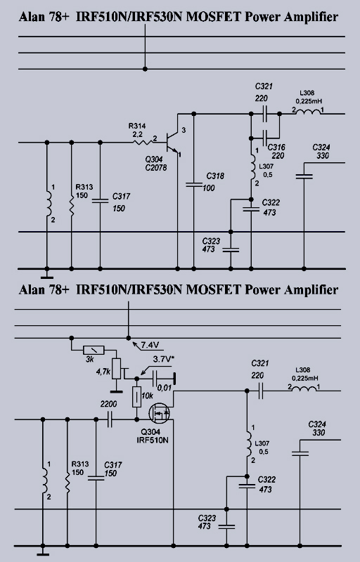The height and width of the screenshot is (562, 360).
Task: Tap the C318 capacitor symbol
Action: [x=194, y=185]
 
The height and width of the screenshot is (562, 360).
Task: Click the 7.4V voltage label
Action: [x=150, y=345]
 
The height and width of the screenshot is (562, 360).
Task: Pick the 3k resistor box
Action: [x=94, y=350]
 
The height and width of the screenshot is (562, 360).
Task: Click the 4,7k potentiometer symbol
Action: [x=117, y=368]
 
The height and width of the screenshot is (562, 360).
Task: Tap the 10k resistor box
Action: [x=136, y=397]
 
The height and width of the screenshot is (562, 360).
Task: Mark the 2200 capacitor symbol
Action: [x=110, y=419]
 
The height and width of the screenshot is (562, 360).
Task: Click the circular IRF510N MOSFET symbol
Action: [x=159, y=413]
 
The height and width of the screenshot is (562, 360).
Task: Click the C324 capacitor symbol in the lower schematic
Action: [x=300, y=454]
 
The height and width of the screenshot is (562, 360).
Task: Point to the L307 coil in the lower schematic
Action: [x=247, y=445]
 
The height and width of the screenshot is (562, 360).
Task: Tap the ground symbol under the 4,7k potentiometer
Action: [x=116, y=392]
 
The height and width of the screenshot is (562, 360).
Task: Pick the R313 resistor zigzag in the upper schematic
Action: [x=71, y=205]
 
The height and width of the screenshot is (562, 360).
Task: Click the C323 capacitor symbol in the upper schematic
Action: [x=231, y=249]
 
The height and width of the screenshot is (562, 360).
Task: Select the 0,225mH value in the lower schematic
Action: [x=305, y=378]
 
